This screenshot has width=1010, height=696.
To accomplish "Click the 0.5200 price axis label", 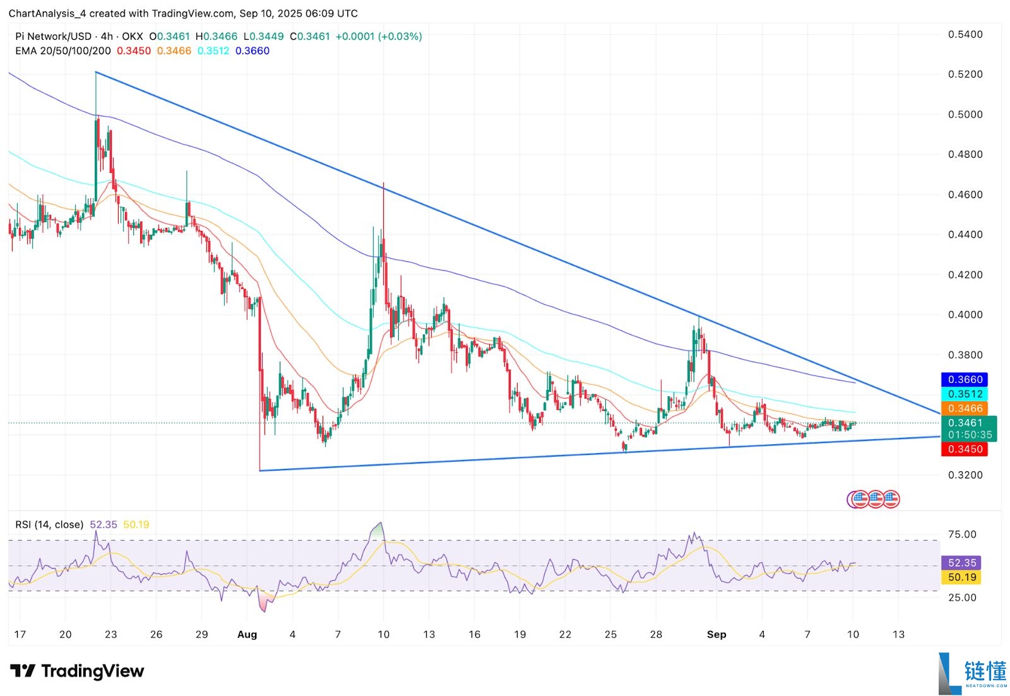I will pos(965,74).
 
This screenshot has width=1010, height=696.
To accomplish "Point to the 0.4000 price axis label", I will pos(965,315).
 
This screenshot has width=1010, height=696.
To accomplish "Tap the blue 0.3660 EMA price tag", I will pos(965,379).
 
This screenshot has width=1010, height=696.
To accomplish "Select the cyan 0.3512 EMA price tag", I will pos(965,394).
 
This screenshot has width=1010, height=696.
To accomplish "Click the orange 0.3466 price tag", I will pos(965,408).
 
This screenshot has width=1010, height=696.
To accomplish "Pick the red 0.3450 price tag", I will pos(965,449).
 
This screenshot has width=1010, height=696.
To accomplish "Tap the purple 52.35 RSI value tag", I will pos(961,562).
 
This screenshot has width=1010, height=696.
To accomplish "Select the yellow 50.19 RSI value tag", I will pos(961,577).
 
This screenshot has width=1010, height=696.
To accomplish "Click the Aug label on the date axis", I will pos(247,634).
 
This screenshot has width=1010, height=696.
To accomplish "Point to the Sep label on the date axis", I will pos(716,634).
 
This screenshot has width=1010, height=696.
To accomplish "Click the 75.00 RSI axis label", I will pos(962,534).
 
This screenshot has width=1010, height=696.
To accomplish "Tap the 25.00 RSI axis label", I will pos(962,597).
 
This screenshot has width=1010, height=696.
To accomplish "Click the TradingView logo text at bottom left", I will pos(78,671).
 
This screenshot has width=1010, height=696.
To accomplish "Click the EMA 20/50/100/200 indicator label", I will pos(63,51).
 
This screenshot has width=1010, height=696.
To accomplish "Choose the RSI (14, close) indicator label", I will pos(49,524).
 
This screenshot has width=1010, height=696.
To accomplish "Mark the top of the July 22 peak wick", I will pos(96,73).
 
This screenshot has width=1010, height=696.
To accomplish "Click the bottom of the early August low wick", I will pos(259,470).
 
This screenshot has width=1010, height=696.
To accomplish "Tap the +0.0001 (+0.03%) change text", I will pos(378,37).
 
